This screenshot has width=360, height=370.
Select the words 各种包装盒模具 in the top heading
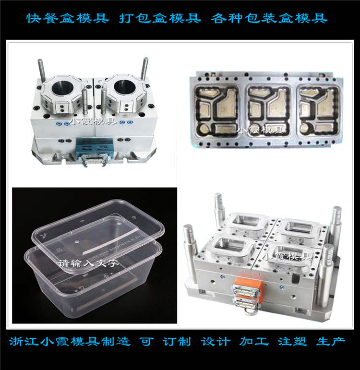(x=269, y=18)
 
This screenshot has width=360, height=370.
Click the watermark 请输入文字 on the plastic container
(x=88, y=263)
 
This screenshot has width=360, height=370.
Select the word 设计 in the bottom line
(x=216, y=342)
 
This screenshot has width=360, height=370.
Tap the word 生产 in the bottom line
(x=331, y=342)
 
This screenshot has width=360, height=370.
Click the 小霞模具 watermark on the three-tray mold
(x=261, y=130)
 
